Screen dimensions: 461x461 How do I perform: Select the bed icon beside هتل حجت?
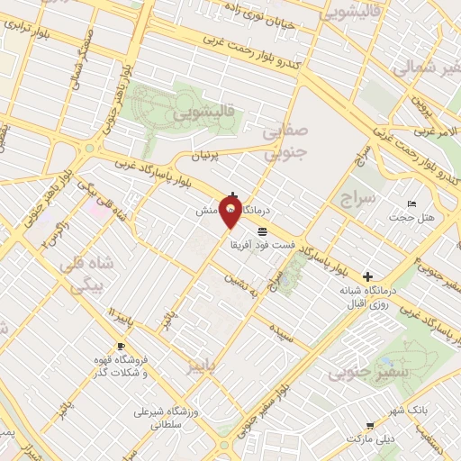click(413, 203)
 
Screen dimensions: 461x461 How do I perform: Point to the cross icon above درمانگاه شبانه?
click(366, 276)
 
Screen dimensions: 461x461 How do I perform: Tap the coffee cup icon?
click(121, 347)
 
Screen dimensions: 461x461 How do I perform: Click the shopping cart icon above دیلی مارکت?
click(369, 425)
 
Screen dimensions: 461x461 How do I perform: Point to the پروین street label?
click(429, 113)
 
